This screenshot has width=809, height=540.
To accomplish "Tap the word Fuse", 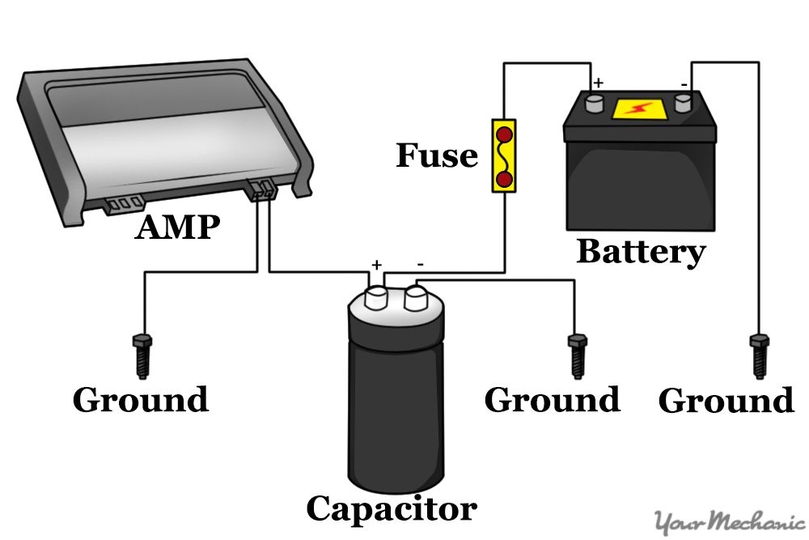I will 436,155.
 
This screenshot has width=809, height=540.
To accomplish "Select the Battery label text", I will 640,252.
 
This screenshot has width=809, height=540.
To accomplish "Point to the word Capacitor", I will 391,508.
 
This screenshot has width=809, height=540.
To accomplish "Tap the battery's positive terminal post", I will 595,102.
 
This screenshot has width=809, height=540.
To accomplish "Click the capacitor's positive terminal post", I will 377,295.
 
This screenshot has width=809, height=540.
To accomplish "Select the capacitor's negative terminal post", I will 417,297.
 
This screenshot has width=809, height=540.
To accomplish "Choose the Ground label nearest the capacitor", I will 552,400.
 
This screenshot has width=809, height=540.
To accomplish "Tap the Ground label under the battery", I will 726,401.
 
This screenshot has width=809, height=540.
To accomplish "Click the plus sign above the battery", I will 599,83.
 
